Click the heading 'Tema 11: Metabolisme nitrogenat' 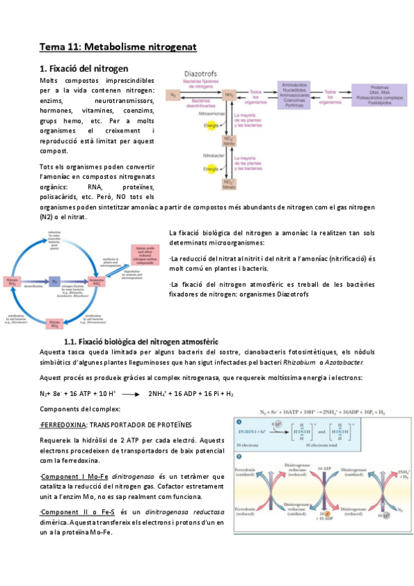[x=118, y=47]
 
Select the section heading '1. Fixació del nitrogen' [x=84, y=68]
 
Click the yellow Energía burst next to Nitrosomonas [x=210, y=126]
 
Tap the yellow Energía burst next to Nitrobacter [x=210, y=168]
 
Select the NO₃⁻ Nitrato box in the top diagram [x=227, y=184]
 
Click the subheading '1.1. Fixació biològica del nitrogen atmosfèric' [x=141, y=341]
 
